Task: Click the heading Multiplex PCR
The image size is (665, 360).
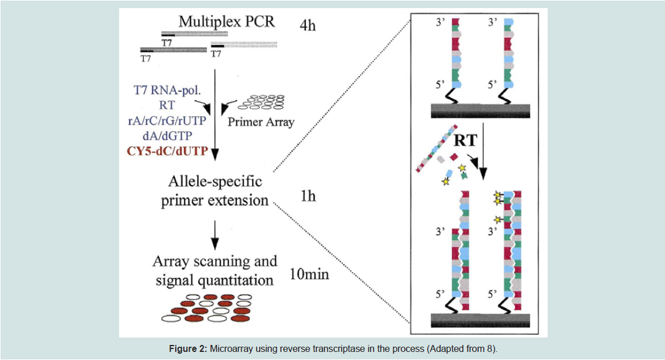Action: click(227, 21)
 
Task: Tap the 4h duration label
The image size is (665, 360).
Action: click(308, 25)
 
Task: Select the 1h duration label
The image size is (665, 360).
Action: click(308, 196)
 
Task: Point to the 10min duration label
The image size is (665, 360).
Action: click(309, 274)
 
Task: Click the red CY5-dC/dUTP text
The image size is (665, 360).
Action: click(168, 151)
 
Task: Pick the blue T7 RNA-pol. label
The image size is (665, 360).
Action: click(167, 90)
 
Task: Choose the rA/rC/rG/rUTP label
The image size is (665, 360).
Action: click(167, 120)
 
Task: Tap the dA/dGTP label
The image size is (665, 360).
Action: click(167, 136)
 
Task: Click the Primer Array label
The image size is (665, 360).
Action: click(261, 122)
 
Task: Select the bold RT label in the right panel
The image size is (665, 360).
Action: click(465, 140)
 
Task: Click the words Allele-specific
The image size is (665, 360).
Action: click(215, 181)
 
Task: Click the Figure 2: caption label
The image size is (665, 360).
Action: click(188, 348)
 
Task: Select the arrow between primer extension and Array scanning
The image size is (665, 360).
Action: click(215, 235)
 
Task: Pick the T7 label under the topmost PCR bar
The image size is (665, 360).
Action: click(167, 43)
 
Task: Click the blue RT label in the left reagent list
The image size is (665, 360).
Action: click(167, 105)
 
